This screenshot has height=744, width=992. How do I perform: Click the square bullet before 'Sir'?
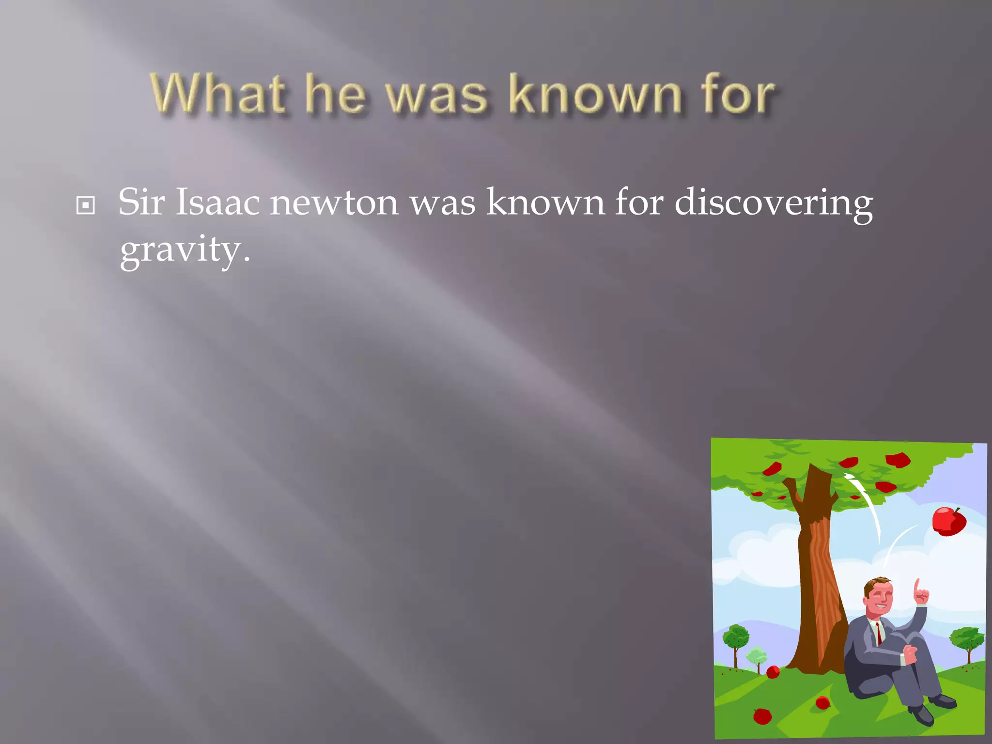pos(86,206)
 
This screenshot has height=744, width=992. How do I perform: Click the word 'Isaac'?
pos(217,202)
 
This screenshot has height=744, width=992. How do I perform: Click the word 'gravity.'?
pos(185,250)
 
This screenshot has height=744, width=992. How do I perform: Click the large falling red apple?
pos(948,521)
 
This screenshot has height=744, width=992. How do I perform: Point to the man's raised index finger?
pos(917,587)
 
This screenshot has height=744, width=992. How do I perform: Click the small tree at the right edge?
pos(967,640)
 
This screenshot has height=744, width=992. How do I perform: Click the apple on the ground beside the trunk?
pos(773,672)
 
